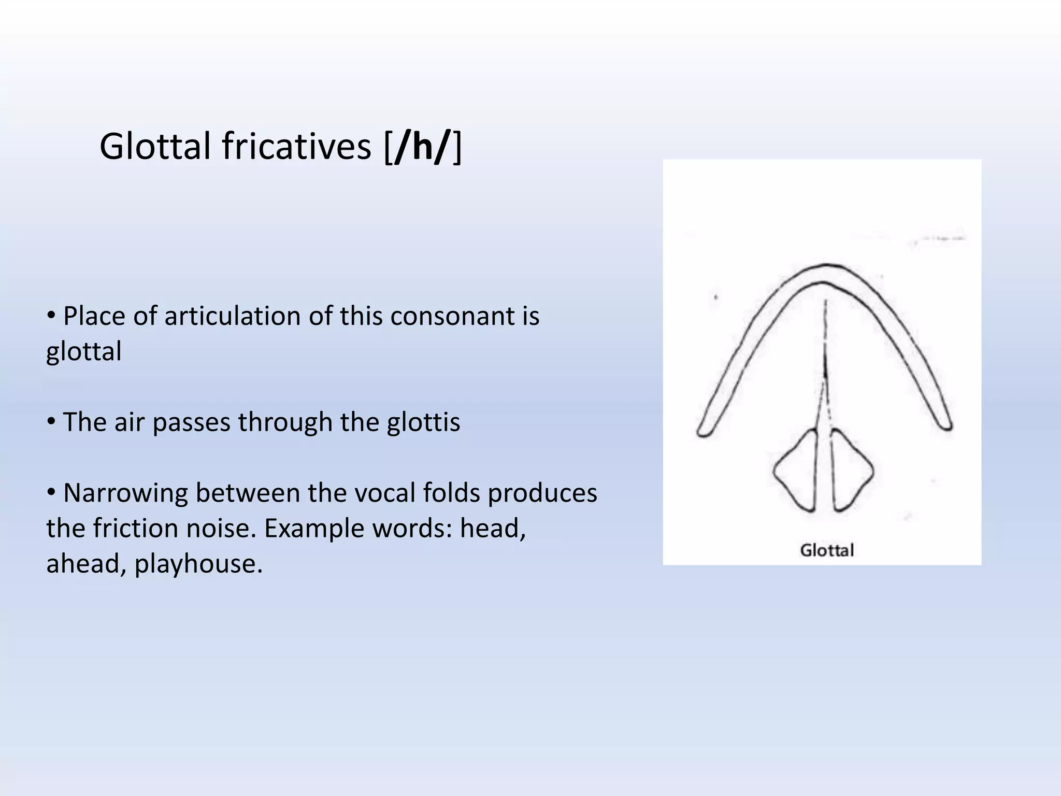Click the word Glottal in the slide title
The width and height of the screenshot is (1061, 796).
pos(155,147)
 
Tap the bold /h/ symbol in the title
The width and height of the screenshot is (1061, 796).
pos(421,147)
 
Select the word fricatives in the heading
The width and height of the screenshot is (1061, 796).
pos(297,147)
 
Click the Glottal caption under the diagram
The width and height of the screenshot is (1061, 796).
pos(826,550)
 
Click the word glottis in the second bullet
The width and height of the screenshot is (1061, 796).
pos(423,422)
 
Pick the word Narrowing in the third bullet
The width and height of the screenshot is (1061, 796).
pos(124,493)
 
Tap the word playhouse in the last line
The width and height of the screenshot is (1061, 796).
pos(198,563)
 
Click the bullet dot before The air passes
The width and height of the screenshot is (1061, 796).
pos(51,421)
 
